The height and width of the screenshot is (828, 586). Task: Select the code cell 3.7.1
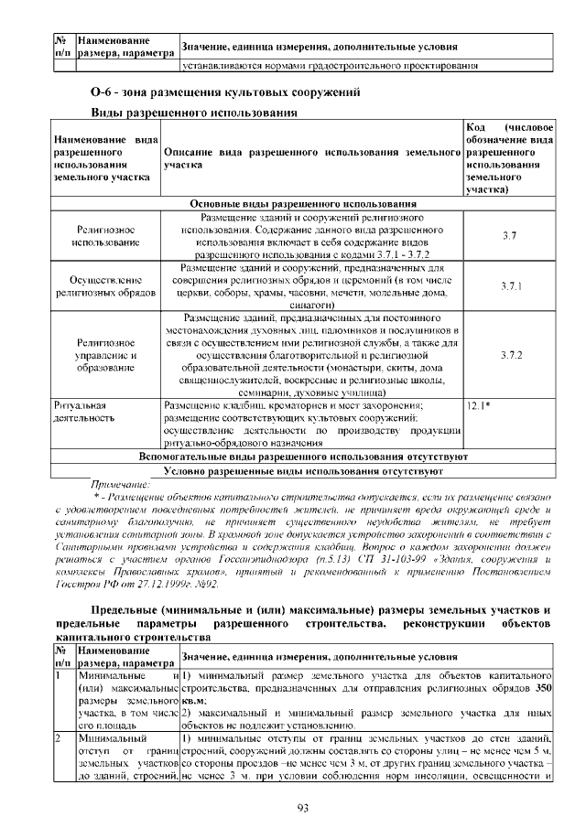pos(510,286)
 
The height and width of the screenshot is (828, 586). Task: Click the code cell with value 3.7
pos(510,235)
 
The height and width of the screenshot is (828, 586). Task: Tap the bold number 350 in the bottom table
pos(542,688)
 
